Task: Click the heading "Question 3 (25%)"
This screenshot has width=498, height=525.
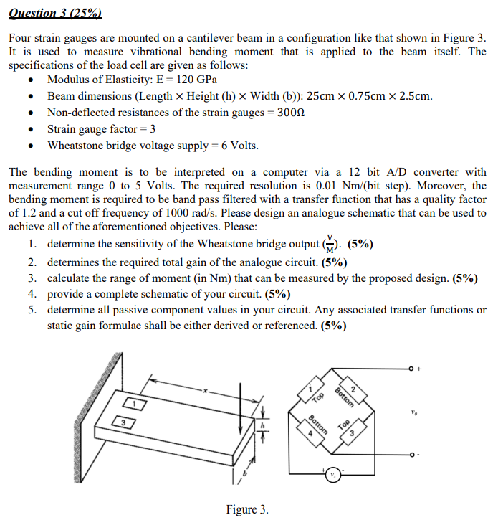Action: [x=57, y=12]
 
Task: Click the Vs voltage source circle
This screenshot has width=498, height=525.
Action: [x=332, y=475]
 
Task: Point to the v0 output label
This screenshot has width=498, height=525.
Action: [x=414, y=413]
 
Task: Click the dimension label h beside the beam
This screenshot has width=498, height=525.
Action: [x=262, y=425]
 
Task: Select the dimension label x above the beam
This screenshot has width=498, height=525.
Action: [x=203, y=392]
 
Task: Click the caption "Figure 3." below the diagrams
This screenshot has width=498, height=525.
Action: [x=247, y=509]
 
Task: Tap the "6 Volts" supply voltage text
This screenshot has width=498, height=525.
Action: [x=239, y=146]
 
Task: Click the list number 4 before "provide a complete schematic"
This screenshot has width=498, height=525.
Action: [x=33, y=294]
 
